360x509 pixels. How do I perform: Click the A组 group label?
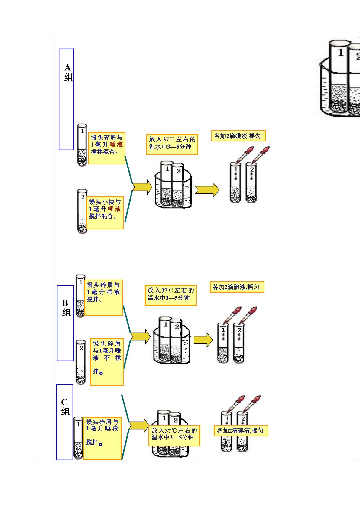pos(69,73)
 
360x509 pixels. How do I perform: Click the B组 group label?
pos(66,308)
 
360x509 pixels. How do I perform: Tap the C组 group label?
pos(65,407)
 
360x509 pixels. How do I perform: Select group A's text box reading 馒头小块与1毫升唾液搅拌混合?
pos(105,213)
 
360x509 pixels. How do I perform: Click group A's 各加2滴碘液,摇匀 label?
pos(238,136)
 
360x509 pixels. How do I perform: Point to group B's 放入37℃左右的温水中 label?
pos(171,295)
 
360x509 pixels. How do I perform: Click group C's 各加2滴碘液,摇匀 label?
pos(241,431)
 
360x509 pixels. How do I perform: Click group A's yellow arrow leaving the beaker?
pos(207,190)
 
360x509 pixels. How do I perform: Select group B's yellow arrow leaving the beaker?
pos(203,340)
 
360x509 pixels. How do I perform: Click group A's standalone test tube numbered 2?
pos(82,211)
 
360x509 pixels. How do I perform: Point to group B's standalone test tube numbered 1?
pos(80,296)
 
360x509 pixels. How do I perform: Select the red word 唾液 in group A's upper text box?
pos(116,144)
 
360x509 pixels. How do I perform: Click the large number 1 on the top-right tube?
pos(340,53)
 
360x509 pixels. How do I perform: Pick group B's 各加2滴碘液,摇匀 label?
pos(237,287)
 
